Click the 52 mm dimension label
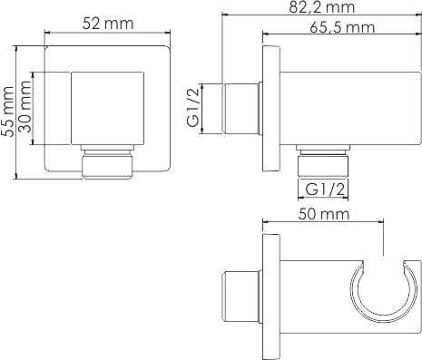(108, 24)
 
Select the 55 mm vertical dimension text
(7, 112)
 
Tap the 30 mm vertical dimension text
(25, 106)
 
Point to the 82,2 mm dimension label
(321, 7)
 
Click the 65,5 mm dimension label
(342, 27)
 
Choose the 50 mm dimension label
(324, 214)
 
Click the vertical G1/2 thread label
(193, 109)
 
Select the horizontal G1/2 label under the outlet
(325, 190)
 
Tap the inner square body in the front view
(107, 108)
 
